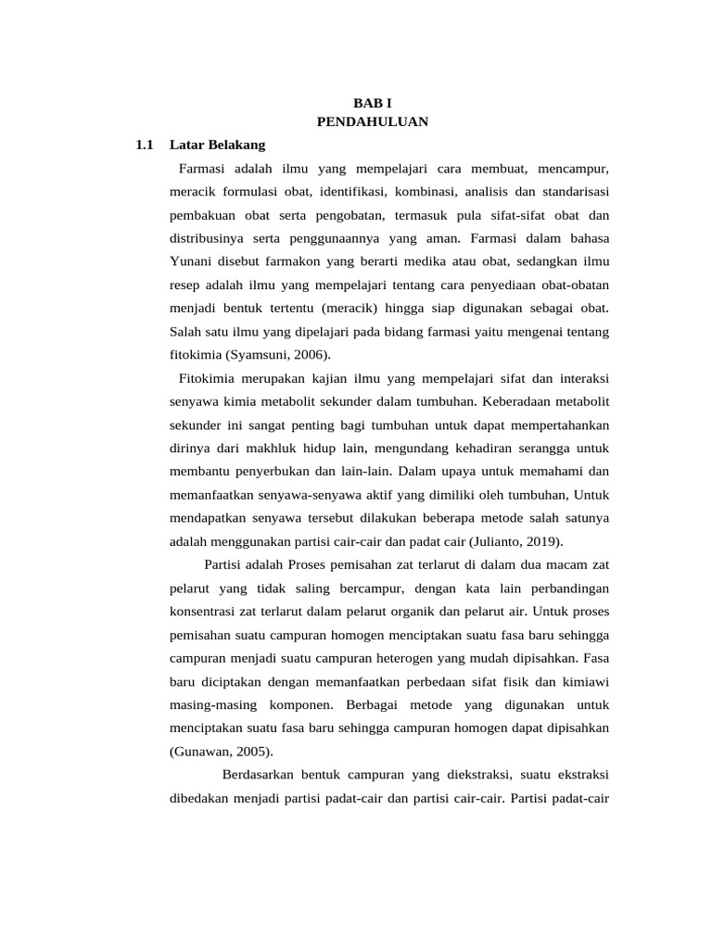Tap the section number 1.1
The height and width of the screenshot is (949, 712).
click(144, 146)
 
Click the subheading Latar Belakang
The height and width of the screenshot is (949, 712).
click(218, 146)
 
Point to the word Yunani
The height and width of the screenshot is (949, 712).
click(192, 261)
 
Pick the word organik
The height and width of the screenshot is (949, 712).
click(448, 612)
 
